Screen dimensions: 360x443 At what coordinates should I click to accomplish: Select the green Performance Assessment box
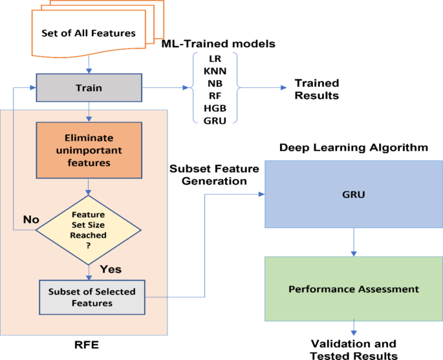tap(353, 289)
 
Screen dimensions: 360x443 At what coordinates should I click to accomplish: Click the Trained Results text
tap(316, 90)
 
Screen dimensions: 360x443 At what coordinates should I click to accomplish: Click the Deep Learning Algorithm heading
tap(353, 148)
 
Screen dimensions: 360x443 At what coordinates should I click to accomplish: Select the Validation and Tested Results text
tap(353, 349)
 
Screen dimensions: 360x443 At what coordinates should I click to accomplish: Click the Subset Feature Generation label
tap(214, 175)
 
